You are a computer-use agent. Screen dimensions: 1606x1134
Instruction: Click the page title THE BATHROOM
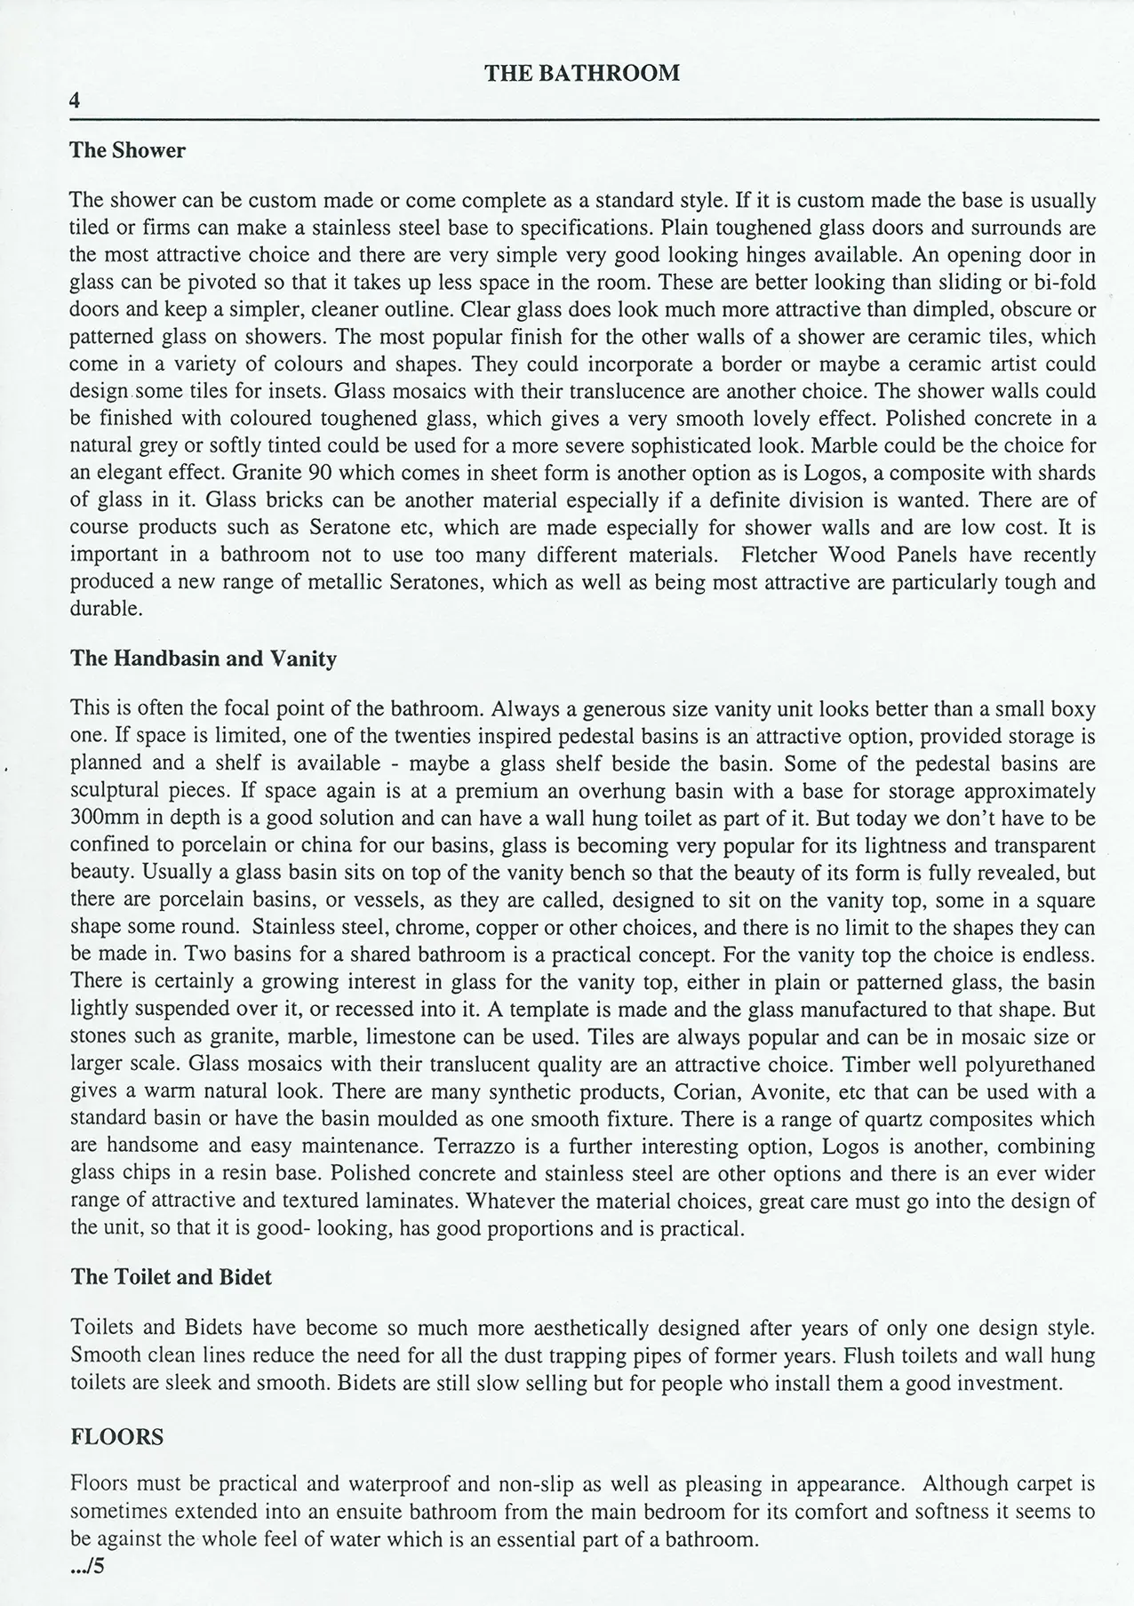pyautogui.click(x=582, y=73)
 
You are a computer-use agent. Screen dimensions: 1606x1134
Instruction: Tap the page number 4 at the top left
pyautogui.click(x=75, y=101)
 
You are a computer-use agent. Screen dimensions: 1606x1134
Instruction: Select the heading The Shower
pyautogui.click(x=127, y=150)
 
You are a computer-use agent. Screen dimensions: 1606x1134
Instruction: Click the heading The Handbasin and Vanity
pyautogui.click(x=203, y=659)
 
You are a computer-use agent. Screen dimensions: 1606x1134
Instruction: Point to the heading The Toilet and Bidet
pyautogui.click(x=171, y=1277)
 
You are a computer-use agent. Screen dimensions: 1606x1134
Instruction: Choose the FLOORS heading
pyautogui.click(x=116, y=1437)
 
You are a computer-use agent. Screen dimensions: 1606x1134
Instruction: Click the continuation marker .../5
pyautogui.click(x=87, y=1566)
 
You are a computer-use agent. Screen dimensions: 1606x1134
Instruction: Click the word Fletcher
pyautogui.click(x=781, y=555)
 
